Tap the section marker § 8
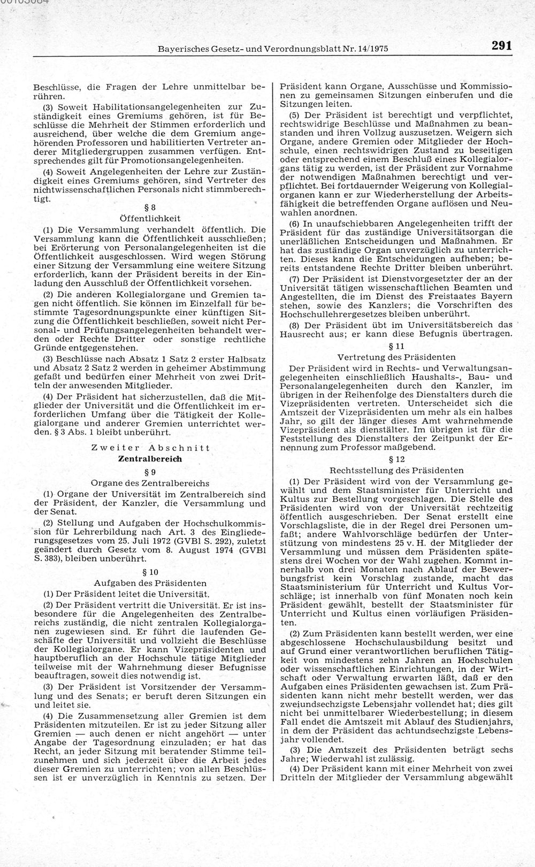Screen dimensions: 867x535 point(150,207)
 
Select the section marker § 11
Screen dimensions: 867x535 point(396,346)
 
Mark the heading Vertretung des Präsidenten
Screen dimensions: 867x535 point(396,357)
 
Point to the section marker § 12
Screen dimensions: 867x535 point(396,459)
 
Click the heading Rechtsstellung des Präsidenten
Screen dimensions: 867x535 point(396,471)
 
